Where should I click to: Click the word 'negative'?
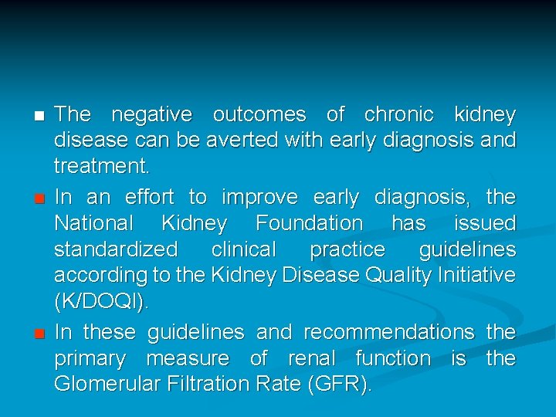pyautogui.click(x=152, y=115)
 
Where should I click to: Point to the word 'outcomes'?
pyautogui.click(x=259, y=115)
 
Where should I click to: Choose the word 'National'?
pyautogui.click(x=94, y=224)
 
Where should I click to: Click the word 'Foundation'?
pyautogui.click(x=309, y=224)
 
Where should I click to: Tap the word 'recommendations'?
pyautogui.click(x=389, y=332)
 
